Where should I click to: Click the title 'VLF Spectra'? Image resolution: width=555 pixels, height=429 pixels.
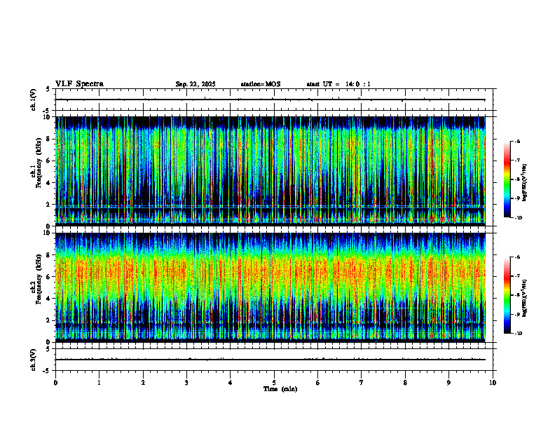coord(79,84)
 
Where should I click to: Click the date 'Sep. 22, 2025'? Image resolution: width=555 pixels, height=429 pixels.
coord(196,84)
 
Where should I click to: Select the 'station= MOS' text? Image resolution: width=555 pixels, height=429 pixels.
coord(260,84)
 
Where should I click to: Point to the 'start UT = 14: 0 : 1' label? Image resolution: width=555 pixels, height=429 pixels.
coord(338,84)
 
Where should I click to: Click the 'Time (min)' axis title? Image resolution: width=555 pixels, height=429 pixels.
coord(280,389)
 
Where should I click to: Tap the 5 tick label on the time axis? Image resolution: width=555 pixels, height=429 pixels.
coord(274,383)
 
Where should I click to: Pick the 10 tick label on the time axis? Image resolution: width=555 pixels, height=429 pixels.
coord(493,383)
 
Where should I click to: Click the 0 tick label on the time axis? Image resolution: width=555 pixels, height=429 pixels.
coord(55,383)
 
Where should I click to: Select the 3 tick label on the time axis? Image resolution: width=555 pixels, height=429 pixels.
coord(186,383)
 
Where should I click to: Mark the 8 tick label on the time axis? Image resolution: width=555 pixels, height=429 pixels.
coord(405,383)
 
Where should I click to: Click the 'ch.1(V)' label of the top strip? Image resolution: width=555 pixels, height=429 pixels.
coord(34,100)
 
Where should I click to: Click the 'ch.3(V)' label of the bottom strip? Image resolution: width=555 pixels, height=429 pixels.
coord(34,359)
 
